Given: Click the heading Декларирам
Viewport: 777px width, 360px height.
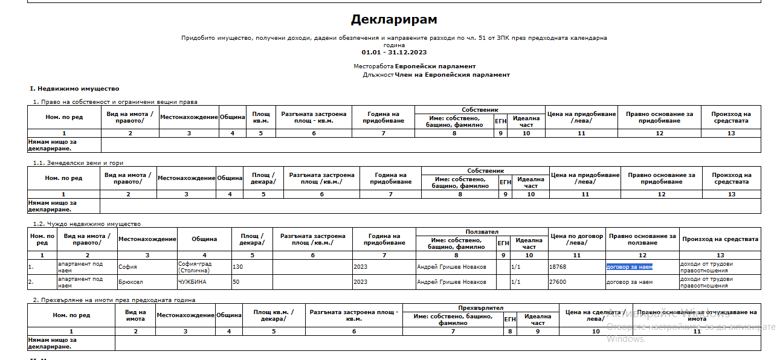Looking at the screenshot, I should (394, 20).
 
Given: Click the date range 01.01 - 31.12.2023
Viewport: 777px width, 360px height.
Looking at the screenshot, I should (394, 53).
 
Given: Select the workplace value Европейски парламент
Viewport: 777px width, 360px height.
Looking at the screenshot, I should (435, 66).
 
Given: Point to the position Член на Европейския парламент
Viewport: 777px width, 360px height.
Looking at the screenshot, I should (452, 75).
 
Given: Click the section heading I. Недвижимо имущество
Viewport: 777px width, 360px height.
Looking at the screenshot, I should (75, 89).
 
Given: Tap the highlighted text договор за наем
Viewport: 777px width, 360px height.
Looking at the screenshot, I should (630, 266).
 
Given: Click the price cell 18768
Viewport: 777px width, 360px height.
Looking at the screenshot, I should (558, 266).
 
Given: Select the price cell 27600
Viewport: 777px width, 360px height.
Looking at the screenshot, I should (558, 282).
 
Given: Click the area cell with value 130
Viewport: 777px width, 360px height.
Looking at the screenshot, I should (237, 266).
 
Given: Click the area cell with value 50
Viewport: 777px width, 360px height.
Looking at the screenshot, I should (236, 282).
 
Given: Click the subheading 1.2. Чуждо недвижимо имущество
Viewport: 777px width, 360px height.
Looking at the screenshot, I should (87, 224).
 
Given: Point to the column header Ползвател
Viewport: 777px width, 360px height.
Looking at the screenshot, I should (482, 232).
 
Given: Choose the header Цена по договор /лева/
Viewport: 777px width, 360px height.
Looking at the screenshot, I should (576, 239).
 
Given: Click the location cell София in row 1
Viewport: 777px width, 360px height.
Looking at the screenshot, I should (127, 266).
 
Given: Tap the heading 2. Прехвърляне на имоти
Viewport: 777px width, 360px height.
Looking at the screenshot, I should (114, 300).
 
